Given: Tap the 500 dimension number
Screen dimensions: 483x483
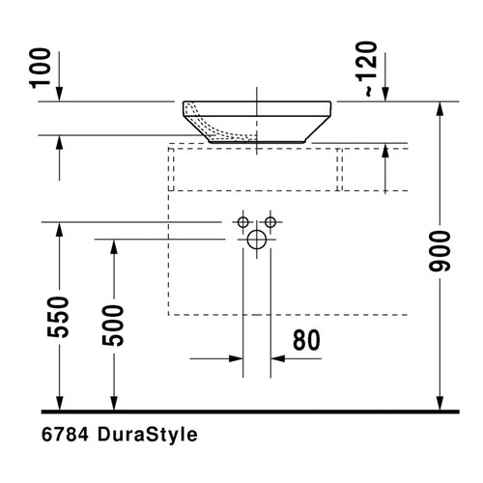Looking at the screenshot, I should [x=114, y=327].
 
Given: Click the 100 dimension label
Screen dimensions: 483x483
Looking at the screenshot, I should [x=42, y=69].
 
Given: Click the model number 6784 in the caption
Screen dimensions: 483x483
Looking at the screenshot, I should [x=66, y=436].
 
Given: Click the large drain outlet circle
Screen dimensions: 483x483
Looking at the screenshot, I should [x=256, y=241].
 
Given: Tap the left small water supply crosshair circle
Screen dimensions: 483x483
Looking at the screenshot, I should [x=242, y=223].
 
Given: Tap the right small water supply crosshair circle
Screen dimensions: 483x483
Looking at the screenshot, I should [x=270, y=223].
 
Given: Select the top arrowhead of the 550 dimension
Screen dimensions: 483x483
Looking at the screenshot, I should [x=61, y=230].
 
